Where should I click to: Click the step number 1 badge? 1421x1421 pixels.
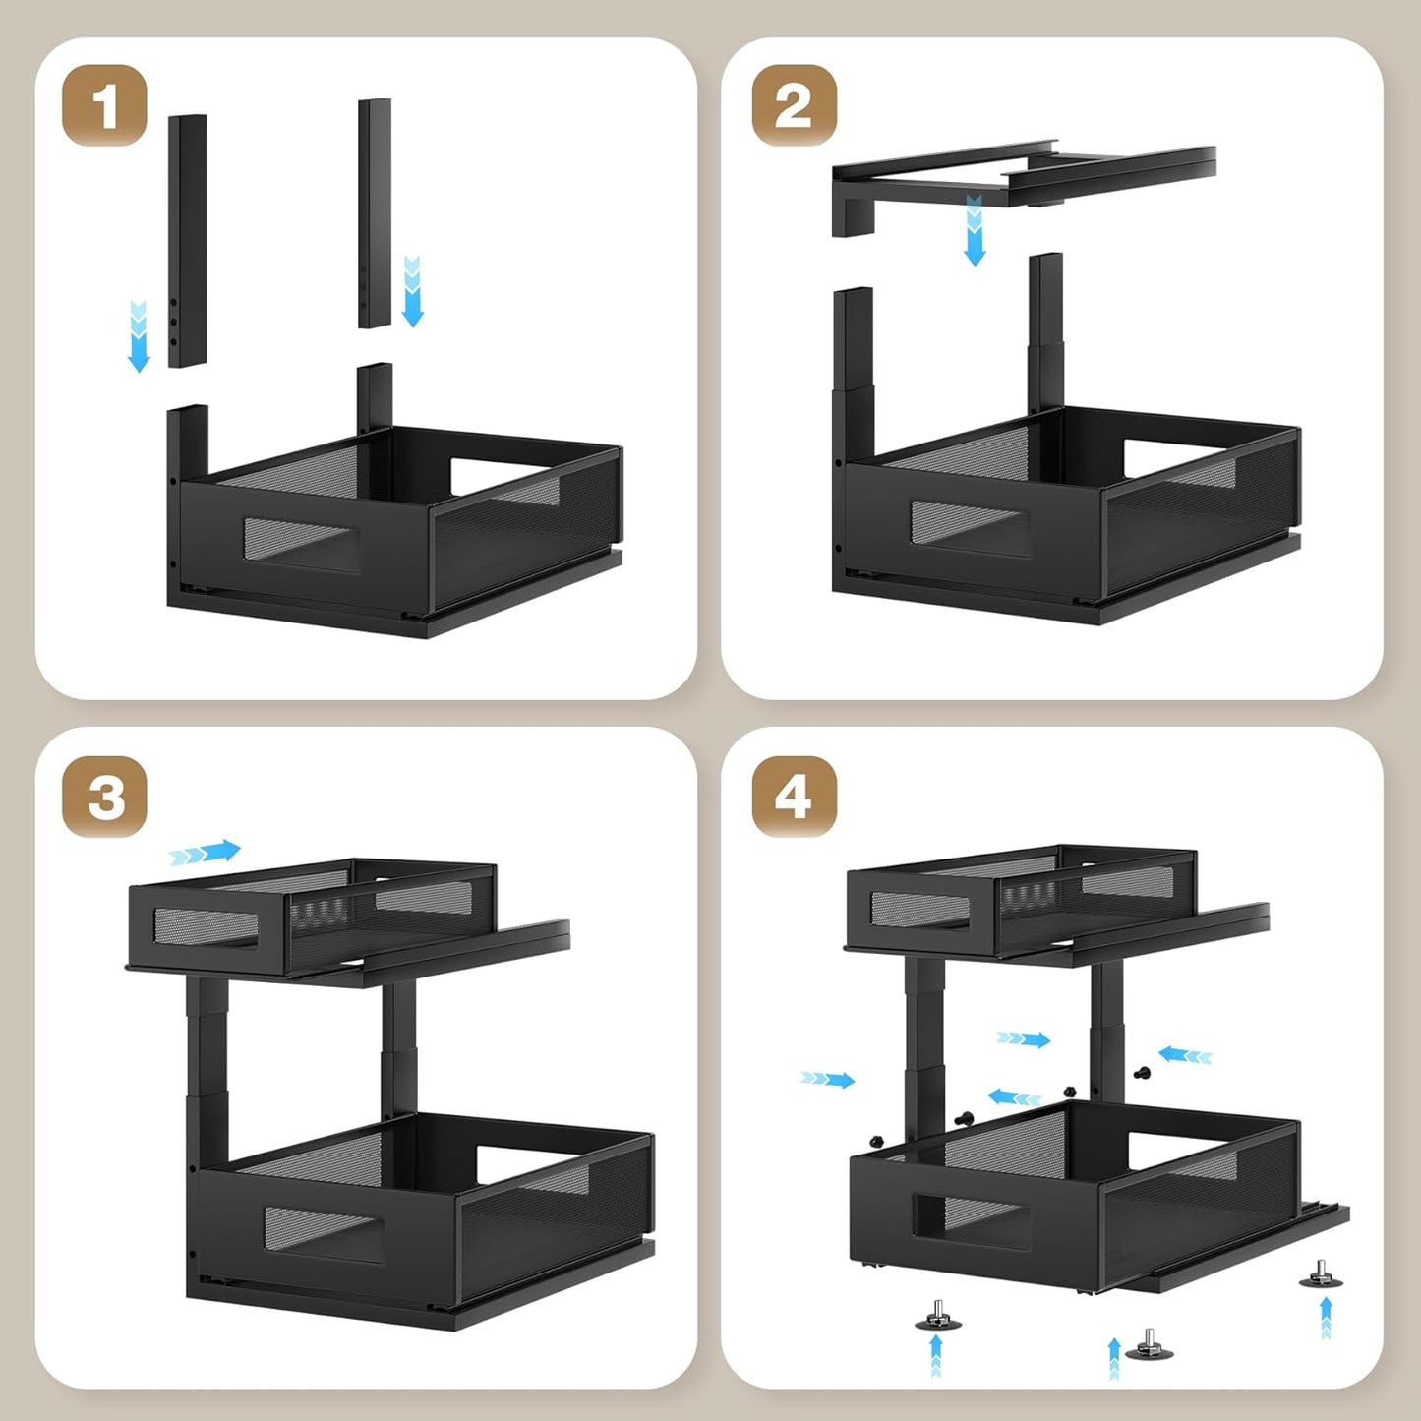(x=104, y=105)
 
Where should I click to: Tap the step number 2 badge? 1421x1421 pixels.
(x=794, y=105)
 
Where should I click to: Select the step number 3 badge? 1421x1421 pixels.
(x=104, y=796)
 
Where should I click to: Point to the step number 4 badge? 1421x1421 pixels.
(x=794, y=796)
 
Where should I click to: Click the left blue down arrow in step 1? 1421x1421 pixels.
(x=139, y=336)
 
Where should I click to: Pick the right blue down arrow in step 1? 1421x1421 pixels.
(x=413, y=291)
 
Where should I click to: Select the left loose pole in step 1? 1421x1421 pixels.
(x=187, y=241)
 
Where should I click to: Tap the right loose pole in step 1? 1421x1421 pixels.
(x=375, y=213)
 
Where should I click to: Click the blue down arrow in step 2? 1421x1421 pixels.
(x=975, y=230)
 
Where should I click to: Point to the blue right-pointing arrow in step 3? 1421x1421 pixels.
(x=205, y=852)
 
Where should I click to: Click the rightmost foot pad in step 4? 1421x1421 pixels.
(x=1320, y=1274)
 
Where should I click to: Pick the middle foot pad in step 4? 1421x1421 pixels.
(x=1148, y=1347)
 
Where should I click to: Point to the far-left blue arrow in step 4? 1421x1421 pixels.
(x=827, y=1080)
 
